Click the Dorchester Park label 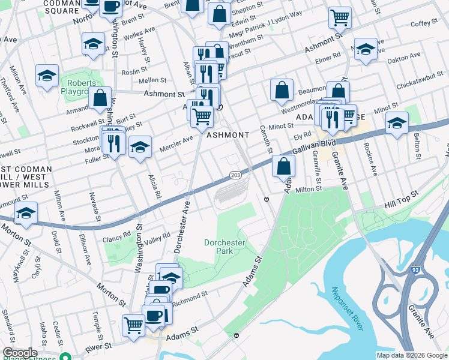tap(225, 247)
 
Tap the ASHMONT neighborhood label tap(224, 136)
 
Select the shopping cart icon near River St tap(134, 325)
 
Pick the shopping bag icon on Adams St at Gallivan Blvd tap(283, 166)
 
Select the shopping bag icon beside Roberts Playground tap(101, 98)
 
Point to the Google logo tap(19, 353)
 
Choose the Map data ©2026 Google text tap(412, 355)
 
